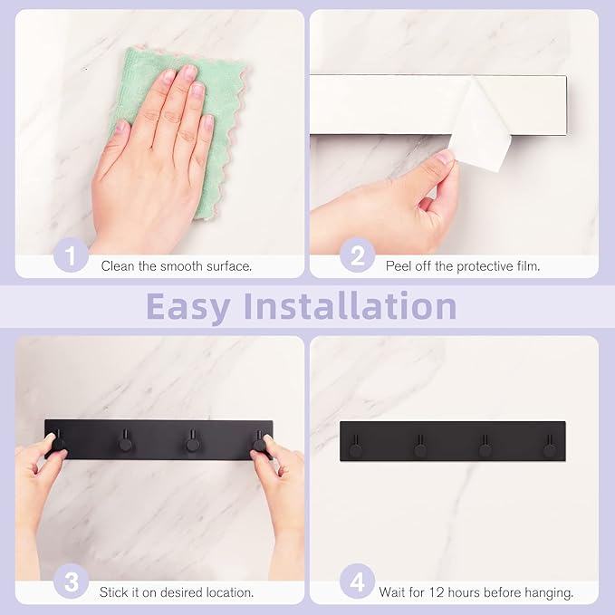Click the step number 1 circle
pos(71,255)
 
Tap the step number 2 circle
pos(357,255)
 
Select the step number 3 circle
pos(71,581)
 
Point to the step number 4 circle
pos(357,581)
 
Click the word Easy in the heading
pos(187,307)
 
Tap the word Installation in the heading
pos(351,305)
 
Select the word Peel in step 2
pos(399,266)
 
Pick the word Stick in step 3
pos(113,592)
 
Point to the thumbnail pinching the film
pos(446,158)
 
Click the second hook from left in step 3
pos(126,441)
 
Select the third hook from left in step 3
pos(193,441)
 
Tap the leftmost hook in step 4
pos(356,447)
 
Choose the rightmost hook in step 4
pos(550,447)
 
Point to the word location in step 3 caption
pos(228,592)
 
